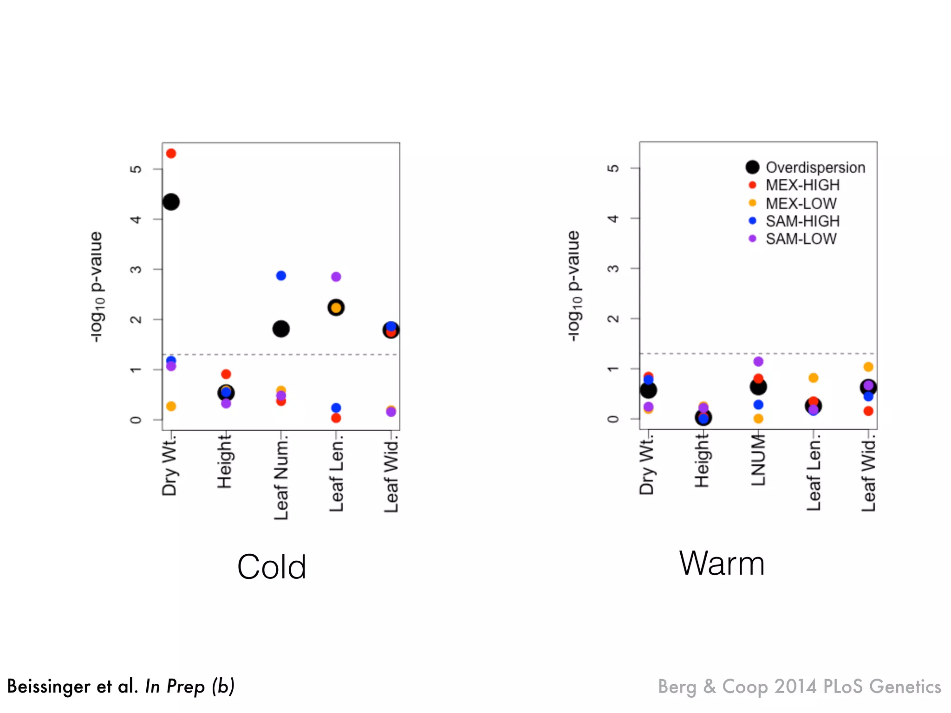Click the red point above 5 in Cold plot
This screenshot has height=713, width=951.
point(171,154)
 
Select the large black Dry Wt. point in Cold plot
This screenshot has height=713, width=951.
point(171,202)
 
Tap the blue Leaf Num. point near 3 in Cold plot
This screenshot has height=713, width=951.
point(281,276)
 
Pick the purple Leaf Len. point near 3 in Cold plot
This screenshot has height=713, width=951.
point(336,277)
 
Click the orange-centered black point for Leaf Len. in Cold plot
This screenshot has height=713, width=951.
point(336,308)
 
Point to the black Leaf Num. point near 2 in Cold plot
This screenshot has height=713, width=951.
point(281,329)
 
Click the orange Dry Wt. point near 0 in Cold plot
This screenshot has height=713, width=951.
point(171,407)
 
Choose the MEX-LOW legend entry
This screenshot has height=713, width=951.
point(801,203)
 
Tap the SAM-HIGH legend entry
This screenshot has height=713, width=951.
point(802,221)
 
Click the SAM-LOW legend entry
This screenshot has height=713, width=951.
point(801,239)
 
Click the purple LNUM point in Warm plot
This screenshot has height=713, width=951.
point(758,362)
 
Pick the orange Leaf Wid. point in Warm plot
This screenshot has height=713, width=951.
point(868,367)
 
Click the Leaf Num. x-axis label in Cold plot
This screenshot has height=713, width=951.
point(281,478)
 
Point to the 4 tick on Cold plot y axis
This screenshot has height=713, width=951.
point(135,219)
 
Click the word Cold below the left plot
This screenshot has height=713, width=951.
point(272,567)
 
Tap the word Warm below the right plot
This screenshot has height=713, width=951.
point(722,564)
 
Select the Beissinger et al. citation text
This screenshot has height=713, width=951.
point(121,687)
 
